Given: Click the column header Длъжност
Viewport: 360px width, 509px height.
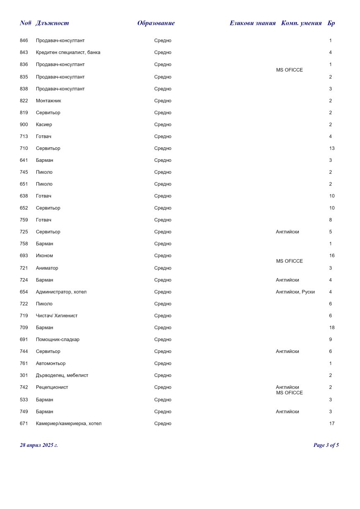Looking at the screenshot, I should point(52,23).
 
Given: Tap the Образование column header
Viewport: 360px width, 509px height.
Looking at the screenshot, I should point(156,23).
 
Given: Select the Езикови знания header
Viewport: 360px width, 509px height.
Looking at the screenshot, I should point(252,23).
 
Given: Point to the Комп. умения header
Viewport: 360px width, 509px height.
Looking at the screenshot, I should point(301,23).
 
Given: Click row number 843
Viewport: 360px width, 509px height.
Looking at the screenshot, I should point(24,53).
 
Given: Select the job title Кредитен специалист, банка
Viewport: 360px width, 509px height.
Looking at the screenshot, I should point(68,53).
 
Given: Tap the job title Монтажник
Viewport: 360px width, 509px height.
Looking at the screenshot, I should point(48,101).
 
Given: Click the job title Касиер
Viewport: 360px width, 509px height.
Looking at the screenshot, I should point(44,125).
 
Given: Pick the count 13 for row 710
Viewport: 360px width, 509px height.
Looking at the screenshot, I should point(332,149).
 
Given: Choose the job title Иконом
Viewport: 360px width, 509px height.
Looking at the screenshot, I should point(44,256).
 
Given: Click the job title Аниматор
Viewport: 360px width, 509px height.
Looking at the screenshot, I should point(47,268).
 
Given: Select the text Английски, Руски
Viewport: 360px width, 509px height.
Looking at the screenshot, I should point(295,292).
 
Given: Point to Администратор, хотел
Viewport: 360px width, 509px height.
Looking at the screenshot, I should point(61,292).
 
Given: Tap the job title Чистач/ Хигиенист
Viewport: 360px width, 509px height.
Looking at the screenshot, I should point(57,316).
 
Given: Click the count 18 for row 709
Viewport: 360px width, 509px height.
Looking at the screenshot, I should point(332,328).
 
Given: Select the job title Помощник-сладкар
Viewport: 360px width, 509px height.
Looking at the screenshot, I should point(58,340).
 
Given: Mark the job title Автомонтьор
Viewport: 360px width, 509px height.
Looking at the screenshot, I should point(50,364).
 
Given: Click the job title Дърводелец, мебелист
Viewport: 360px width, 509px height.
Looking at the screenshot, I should point(62,376).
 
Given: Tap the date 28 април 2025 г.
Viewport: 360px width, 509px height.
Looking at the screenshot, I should point(39,445).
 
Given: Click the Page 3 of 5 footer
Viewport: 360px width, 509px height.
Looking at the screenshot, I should point(326,445).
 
